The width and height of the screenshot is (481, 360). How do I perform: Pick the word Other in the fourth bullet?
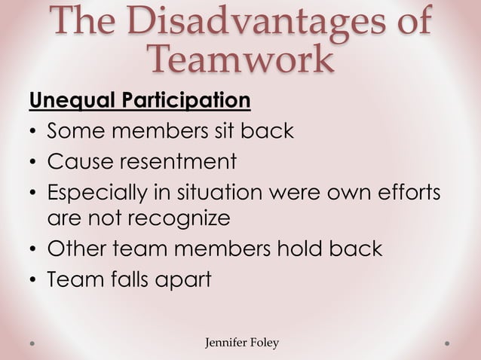75,249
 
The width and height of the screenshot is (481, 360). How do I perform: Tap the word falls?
126,279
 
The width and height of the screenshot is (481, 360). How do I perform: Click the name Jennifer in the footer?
226,343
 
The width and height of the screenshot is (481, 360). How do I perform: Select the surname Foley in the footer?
265,343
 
